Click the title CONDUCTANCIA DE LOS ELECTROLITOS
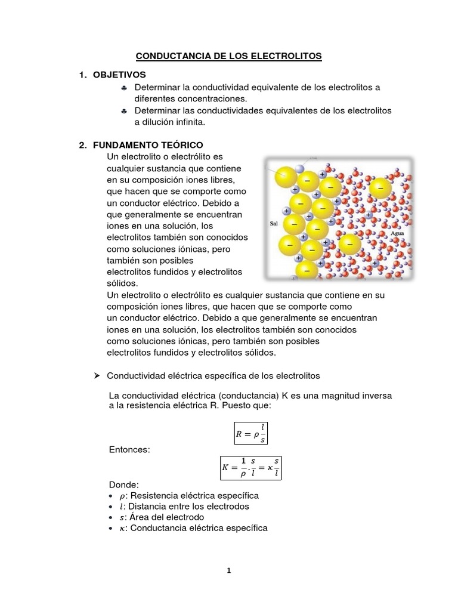229,56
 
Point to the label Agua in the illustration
397,234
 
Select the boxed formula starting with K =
250,468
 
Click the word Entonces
128,448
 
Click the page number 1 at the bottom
228,570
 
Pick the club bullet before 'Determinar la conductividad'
123,88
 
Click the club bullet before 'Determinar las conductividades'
123,112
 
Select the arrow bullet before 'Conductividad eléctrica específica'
98,376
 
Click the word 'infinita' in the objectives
186,122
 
